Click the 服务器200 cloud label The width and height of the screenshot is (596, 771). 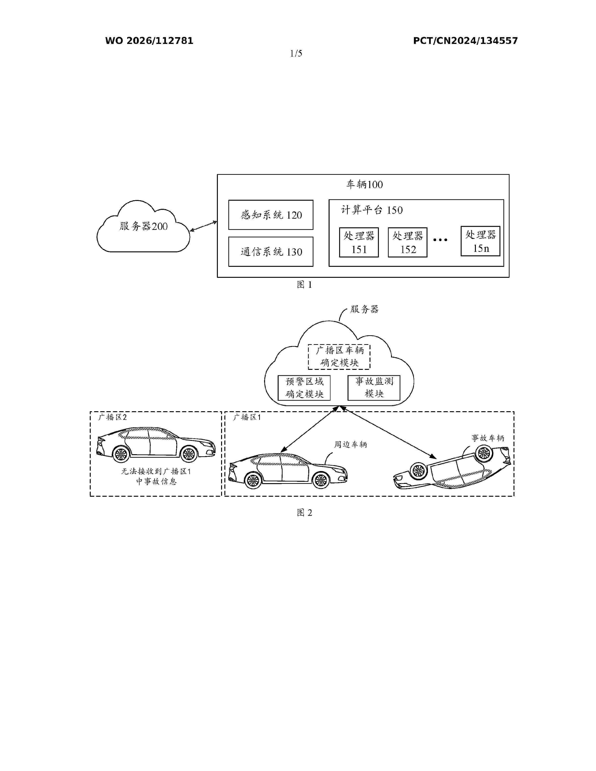pyautogui.click(x=143, y=226)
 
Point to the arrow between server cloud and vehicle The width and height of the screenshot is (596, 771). pyautogui.click(x=204, y=226)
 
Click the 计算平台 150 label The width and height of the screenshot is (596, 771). pyautogui.click(x=372, y=210)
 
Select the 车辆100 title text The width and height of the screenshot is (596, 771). pyautogui.click(x=364, y=184)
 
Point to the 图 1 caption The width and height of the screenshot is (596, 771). pyautogui.click(x=304, y=285)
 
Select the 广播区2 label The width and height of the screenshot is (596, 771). pyautogui.click(x=112, y=417)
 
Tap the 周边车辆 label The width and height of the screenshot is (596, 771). pyautogui.click(x=351, y=444)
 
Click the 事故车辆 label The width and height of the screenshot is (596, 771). pyautogui.click(x=488, y=438)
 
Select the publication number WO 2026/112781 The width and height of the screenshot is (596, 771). pyautogui.click(x=149, y=41)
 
